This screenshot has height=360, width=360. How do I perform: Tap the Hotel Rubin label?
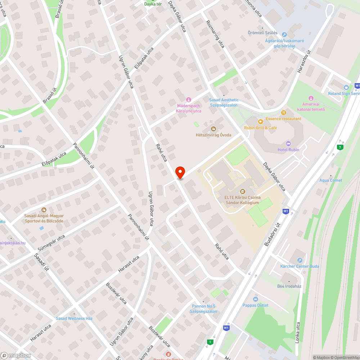(x=288, y=150)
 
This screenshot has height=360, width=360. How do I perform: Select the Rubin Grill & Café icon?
(x=260, y=122)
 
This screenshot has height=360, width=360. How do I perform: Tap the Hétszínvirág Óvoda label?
(x=213, y=135)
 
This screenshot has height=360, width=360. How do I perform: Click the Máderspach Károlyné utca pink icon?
(x=188, y=99)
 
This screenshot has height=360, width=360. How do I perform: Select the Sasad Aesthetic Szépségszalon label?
(x=224, y=103)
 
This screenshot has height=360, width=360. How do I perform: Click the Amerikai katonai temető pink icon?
(x=311, y=98)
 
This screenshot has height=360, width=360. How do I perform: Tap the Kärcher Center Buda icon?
(x=300, y=260)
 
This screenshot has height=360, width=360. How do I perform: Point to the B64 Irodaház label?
(x=289, y=286)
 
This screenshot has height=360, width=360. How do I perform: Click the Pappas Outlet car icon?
(x=255, y=299)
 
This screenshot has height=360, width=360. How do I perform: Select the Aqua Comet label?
(x=331, y=180)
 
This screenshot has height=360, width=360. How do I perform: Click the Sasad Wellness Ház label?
(x=74, y=319)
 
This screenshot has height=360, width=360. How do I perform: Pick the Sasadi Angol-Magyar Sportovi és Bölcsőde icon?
(x=44, y=210)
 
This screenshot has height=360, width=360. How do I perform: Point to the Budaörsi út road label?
(x=273, y=234)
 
